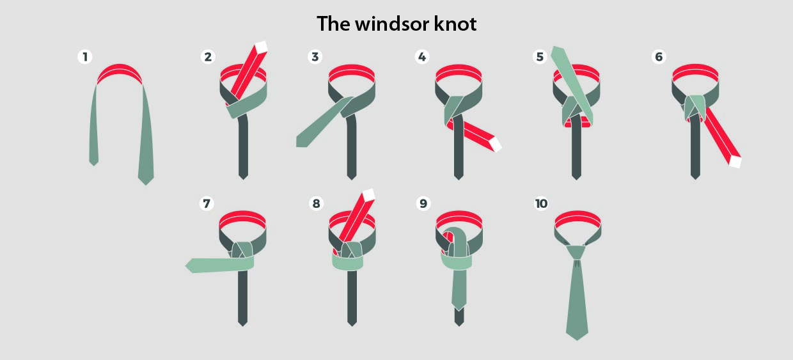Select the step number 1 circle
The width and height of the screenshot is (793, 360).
[x=85, y=57]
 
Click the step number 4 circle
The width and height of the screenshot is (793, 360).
[x=421, y=57]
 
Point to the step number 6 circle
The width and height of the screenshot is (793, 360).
[x=659, y=57]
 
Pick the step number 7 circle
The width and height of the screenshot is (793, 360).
[x=207, y=203]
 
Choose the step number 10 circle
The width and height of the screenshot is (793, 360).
[x=541, y=203]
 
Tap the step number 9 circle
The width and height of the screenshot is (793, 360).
[x=423, y=203]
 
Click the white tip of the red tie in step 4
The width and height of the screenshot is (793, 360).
[x=496, y=145]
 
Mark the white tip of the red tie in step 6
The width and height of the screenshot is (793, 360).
[x=735, y=162]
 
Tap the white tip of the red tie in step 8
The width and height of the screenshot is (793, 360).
[x=368, y=195]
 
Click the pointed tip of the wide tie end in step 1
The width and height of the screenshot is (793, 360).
[x=146, y=184]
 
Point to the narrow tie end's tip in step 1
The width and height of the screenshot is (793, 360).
[x=94, y=165]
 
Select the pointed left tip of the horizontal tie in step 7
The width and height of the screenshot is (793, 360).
[x=186, y=265]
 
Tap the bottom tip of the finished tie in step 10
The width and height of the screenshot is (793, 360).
[x=577, y=340]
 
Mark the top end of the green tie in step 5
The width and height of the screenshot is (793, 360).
[x=558, y=49]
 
